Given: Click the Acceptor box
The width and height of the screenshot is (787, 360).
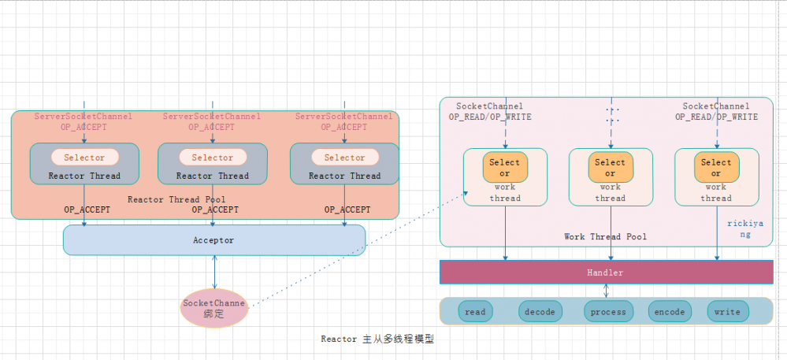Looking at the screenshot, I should [x=214, y=240].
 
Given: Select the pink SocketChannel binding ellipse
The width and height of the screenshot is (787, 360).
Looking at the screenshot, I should [x=214, y=308].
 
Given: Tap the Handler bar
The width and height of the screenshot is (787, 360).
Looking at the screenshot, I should [x=605, y=273].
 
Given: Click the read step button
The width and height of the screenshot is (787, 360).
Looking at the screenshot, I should [x=475, y=312].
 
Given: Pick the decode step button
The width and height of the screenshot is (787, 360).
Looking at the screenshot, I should [x=540, y=312].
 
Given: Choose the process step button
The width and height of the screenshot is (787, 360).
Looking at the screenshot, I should [x=608, y=312].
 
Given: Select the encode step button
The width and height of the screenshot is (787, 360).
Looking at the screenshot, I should [x=670, y=312].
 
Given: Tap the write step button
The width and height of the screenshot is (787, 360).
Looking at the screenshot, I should [x=727, y=312].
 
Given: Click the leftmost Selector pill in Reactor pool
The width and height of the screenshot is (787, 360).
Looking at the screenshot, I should [x=84, y=158].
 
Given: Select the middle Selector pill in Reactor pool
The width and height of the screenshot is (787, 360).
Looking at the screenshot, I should [x=212, y=158].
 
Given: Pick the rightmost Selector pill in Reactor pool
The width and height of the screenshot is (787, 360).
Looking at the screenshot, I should [x=344, y=158].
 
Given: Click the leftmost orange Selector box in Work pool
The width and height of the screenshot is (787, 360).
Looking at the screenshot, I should [x=505, y=168].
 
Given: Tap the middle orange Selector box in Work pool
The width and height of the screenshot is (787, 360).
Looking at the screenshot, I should [x=610, y=168].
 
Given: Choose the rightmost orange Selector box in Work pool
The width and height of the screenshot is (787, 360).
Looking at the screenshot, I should [x=716, y=168].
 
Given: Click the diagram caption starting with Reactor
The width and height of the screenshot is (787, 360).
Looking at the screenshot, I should [x=377, y=340].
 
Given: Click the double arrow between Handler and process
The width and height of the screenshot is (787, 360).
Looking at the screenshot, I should [x=606, y=291].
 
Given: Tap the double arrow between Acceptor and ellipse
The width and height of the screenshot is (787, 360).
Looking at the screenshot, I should [x=214, y=272].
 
